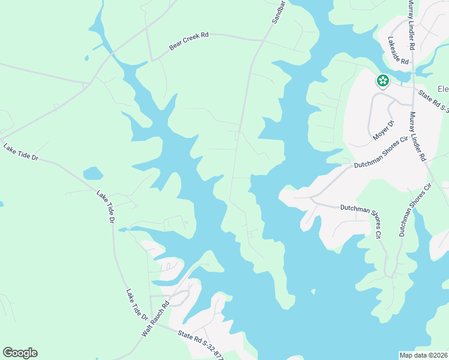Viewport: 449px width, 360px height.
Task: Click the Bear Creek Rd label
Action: tap(188, 40)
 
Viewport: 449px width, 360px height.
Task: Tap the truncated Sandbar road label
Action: tap(277, 11)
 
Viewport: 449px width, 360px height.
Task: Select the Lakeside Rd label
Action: tap(398, 51)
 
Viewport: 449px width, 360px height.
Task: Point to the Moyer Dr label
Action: tap(382, 130)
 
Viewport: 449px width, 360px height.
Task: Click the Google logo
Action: tap(20, 353)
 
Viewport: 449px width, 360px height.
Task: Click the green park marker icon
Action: tap(382, 80)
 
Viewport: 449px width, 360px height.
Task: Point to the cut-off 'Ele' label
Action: tap(443, 89)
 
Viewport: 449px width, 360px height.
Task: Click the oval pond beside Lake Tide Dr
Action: tap(93, 174)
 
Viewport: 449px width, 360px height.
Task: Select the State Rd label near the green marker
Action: tap(433, 100)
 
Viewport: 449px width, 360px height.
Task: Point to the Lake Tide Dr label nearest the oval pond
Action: tap(104, 207)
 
